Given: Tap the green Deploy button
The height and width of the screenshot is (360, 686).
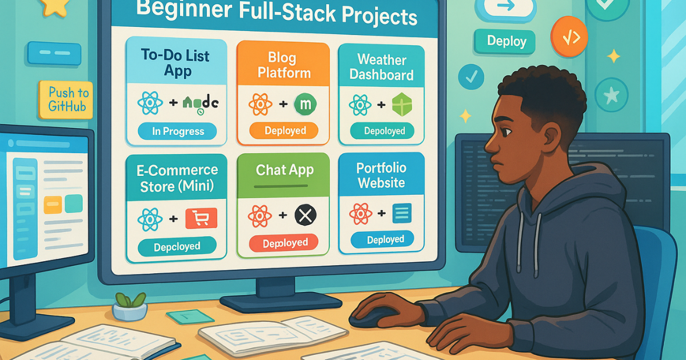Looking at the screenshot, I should point(505,42).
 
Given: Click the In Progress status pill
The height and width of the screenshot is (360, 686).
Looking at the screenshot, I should point(178,131).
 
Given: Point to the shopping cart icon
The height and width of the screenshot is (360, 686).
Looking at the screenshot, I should point(201,219).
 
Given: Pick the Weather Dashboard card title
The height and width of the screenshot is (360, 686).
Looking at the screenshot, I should point(381,67).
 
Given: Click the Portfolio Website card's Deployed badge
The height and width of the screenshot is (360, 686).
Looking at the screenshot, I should point(381,239).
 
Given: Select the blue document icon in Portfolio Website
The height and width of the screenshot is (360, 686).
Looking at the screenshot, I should point(402,214).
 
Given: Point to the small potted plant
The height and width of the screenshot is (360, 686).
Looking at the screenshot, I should point(129,306).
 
